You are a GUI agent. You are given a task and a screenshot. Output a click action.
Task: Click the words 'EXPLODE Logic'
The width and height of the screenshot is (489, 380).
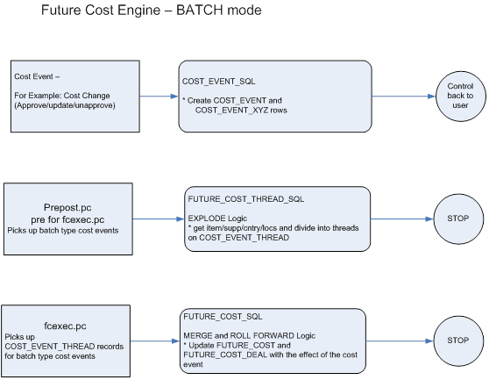[x=217, y=216]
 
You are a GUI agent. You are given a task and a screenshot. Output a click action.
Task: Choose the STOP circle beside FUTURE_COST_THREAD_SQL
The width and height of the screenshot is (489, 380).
[x=453, y=219]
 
